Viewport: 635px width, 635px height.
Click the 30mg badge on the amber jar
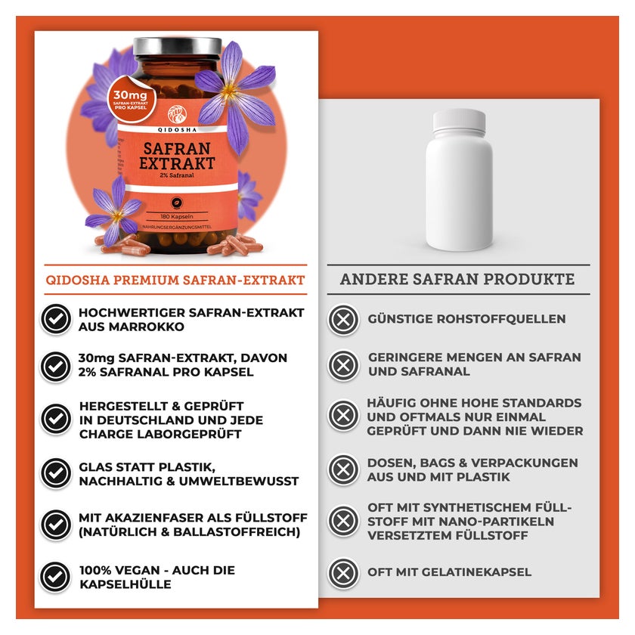[132, 98]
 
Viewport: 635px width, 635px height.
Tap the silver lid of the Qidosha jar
[178, 47]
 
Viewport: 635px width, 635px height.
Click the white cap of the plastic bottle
[460, 121]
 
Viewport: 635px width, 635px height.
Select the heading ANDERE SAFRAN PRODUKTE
[457, 279]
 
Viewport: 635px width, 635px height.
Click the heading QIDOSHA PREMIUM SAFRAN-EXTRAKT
[175, 280]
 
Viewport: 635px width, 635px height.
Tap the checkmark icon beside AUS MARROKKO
[56, 319]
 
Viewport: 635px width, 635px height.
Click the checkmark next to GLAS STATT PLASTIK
[56, 473]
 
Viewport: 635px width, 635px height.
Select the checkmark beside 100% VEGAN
[55, 577]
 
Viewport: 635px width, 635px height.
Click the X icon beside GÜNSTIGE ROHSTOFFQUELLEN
[343, 320]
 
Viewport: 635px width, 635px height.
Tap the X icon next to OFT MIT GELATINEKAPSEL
[343, 573]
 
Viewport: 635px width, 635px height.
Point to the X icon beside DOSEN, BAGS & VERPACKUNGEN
[343, 469]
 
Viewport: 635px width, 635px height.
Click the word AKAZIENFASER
[156, 518]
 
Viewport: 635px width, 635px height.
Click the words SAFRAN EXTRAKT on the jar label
[177, 156]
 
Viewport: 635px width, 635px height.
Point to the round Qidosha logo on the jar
[177, 114]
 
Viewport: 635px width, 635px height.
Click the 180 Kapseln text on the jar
[177, 217]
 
